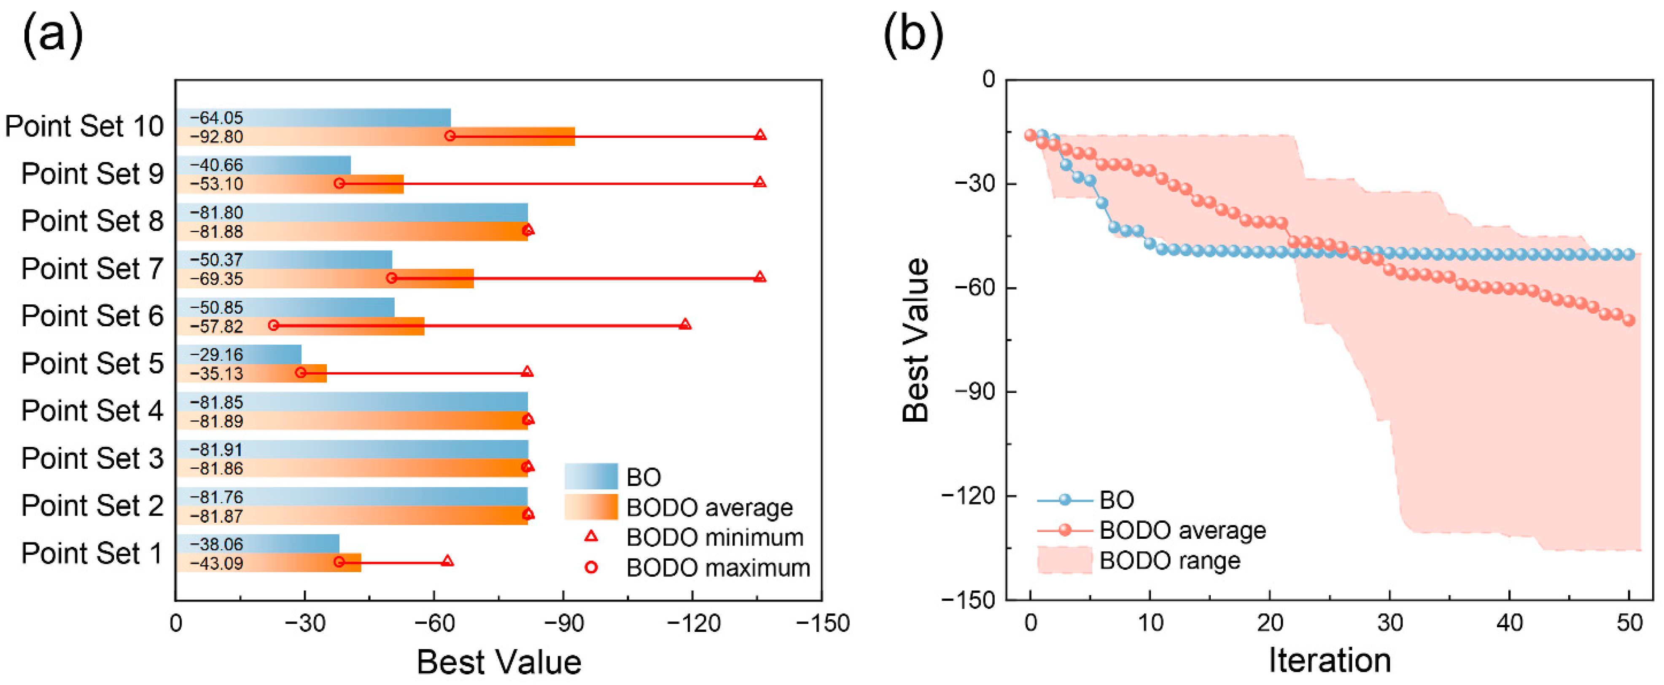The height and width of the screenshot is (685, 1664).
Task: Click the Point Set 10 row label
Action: (85, 126)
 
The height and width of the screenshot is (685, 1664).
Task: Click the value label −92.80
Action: (216, 137)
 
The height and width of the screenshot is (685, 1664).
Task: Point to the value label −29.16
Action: (216, 355)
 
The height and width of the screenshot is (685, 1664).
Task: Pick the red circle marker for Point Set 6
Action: (273, 325)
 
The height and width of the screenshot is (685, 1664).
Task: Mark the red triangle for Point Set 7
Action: (759, 277)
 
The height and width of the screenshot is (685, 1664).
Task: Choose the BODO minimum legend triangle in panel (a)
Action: (590, 537)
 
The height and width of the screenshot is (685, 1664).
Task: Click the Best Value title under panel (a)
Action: (499, 662)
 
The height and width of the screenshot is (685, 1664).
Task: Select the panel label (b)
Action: (913, 34)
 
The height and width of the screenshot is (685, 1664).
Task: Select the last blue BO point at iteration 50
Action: (1629, 254)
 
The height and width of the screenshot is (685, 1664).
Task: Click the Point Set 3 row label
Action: (92, 458)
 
